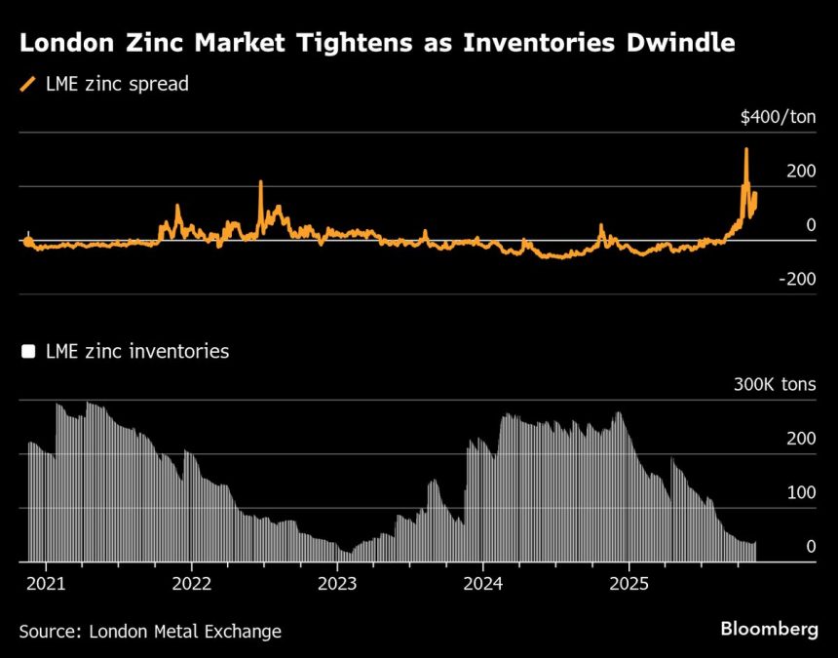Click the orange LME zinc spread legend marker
[x=26, y=84]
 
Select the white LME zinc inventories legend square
[x=27, y=352]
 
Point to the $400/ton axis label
[x=778, y=118]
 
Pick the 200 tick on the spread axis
[x=800, y=172]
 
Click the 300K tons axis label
[x=775, y=385]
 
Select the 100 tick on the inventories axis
[x=800, y=493]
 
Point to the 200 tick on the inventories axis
[x=800, y=440]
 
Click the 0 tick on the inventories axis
[x=811, y=547]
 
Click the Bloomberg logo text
[x=769, y=630]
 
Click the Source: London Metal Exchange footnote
[x=150, y=632]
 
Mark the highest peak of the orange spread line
[x=746, y=149]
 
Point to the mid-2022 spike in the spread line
[x=261, y=182]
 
